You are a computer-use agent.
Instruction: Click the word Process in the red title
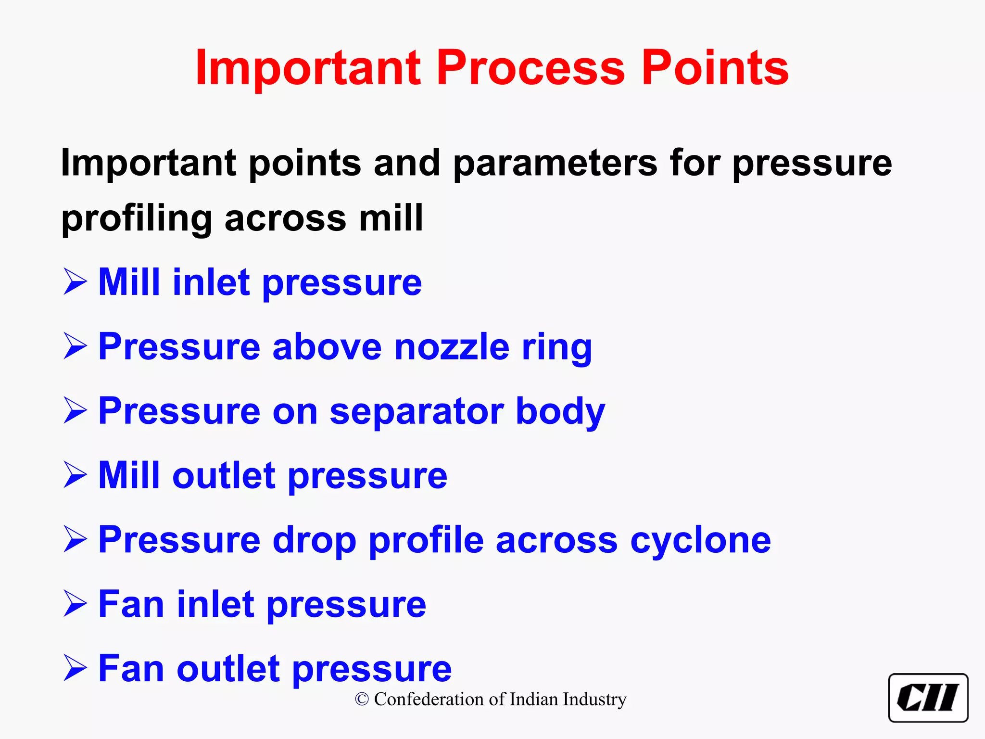click(x=530, y=68)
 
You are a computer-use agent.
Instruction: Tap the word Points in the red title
click(x=715, y=68)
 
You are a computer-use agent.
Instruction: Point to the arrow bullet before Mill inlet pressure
click(x=76, y=282)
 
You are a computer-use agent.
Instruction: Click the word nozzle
click(x=452, y=346)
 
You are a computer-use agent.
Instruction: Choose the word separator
click(x=417, y=411)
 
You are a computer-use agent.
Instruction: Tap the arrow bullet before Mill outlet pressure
click(x=76, y=475)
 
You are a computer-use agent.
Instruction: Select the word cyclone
click(x=700, y=540)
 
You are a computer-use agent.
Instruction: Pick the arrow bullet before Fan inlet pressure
click(x=76, y=604)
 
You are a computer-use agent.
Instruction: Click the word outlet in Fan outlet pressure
click(x=228, y=669)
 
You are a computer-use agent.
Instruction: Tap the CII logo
click(x=928, y=698)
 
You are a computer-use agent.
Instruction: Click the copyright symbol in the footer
click(x=362, y=700)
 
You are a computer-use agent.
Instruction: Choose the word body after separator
click(x=560, y=411)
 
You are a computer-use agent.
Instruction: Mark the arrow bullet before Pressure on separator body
click(x=76, y=411)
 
